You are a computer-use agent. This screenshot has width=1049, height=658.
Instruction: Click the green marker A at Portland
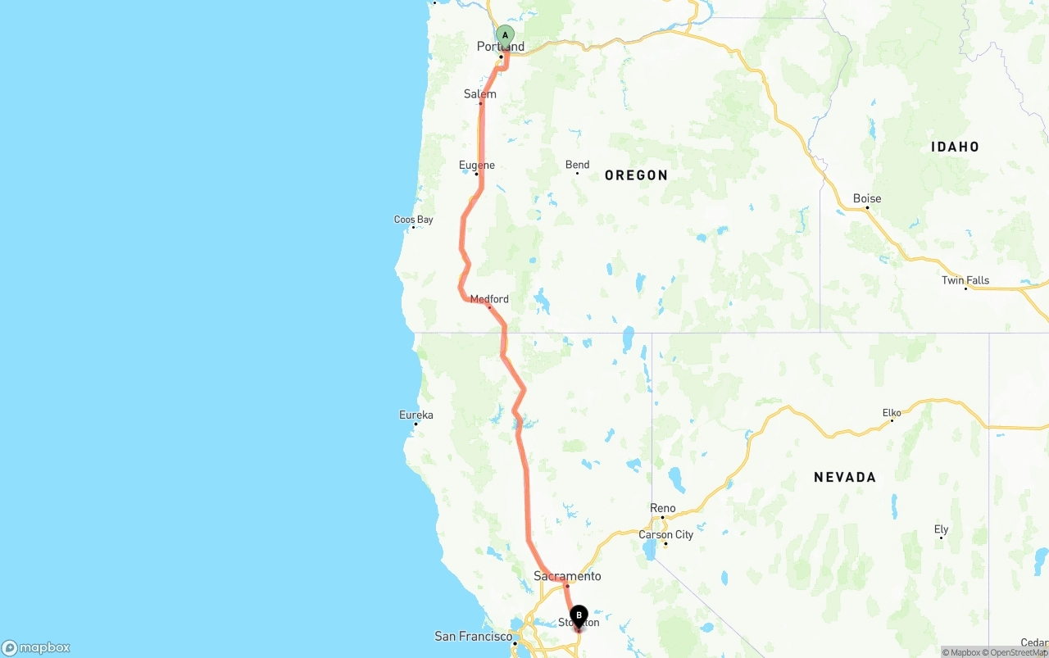pyautogui.click(x=505, y=35)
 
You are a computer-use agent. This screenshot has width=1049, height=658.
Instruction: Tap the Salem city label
pyautogui.click(x=480, y=94)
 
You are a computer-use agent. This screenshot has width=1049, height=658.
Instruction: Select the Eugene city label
pyautogui.click(x=477, y=166)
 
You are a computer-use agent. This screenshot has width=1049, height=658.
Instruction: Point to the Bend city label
pyautogui.click(x=577, y=165)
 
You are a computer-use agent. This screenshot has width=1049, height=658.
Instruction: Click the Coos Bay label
pyautogui.click(x=414, y=220)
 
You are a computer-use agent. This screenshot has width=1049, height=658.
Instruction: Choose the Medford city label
pyautogui.click(x=489, y=299)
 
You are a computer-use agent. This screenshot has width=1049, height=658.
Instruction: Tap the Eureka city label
pyautogui.click(x=416, y=415)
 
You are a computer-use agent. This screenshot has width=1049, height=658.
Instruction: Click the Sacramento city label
pyautogui.click(x=567, y=576)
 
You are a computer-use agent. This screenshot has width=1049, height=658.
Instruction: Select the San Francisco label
pyautogui.click(x=474, y=637)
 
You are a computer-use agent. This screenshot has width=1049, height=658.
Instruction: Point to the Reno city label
pyautogui.click(x=663, y=509)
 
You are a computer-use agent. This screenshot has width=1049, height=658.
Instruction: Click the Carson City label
pyautogui.click(x=666, y=535)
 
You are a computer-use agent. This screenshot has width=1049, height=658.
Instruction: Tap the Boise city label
pyautogui.click(x=867, y=198)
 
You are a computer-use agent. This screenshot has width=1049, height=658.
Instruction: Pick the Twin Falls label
pyautogui.click(x=965, y=280)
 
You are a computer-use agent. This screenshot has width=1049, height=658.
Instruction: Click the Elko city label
pyautogui.click(x=892, y=413)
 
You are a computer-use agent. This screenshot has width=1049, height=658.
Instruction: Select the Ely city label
pyautogui.click(x=941, y=529)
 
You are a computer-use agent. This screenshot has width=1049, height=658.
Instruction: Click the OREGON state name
pyautogui.click(x=636, y=175)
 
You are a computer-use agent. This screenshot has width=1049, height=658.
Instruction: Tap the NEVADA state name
pyautogui.click(x=845, y=477)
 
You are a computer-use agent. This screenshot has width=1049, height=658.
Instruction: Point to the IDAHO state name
pyautogui.click(x=955, y=147)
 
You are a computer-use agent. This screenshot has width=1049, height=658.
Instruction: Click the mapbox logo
pyautogui.click(x=36, y=647)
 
